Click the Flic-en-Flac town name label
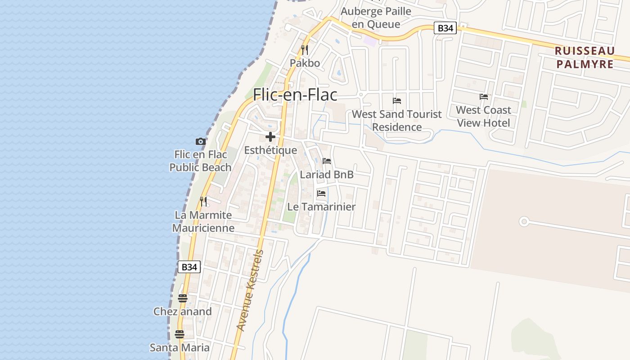pyautogui.click(x=295, y=94)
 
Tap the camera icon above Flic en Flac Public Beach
pyautogui.click(x=201, y=142)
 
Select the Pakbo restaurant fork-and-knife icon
pyautogui.click(x=305, y=49)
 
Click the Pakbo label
pyautogui.click(x=305, y=63)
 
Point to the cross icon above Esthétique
pyautogui.click(x=270, y=137)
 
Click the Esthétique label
pyautogui.click(x=270, y=150)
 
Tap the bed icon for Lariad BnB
pyautogui.click(x=327, y=161)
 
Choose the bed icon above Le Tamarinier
pyautogui.click(x=321, y=193)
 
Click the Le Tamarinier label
pyautogui.click(x=321, y=207)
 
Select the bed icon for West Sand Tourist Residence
pyautogui.click(x=397, y=101)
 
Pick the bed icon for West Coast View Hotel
pyautogui.click(x=484, y=97)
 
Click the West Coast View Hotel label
pyautogui.click(x=484, y=117)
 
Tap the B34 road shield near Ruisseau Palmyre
pyautogui.click(x=445, y=28)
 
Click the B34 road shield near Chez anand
pyautogui.click(x=189, y=267)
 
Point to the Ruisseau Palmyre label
pyautogui.click(x=585, y=57)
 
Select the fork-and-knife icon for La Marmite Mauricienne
pyautogui.click(x=203, y=201)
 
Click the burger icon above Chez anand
pyautogui.click(x=182, y=298)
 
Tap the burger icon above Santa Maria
pyautogui.click(x=180, y=334)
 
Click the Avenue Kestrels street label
pyautogui.click(x=250, y=290)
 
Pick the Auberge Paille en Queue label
pyautogui.click(x=376, y=18)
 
